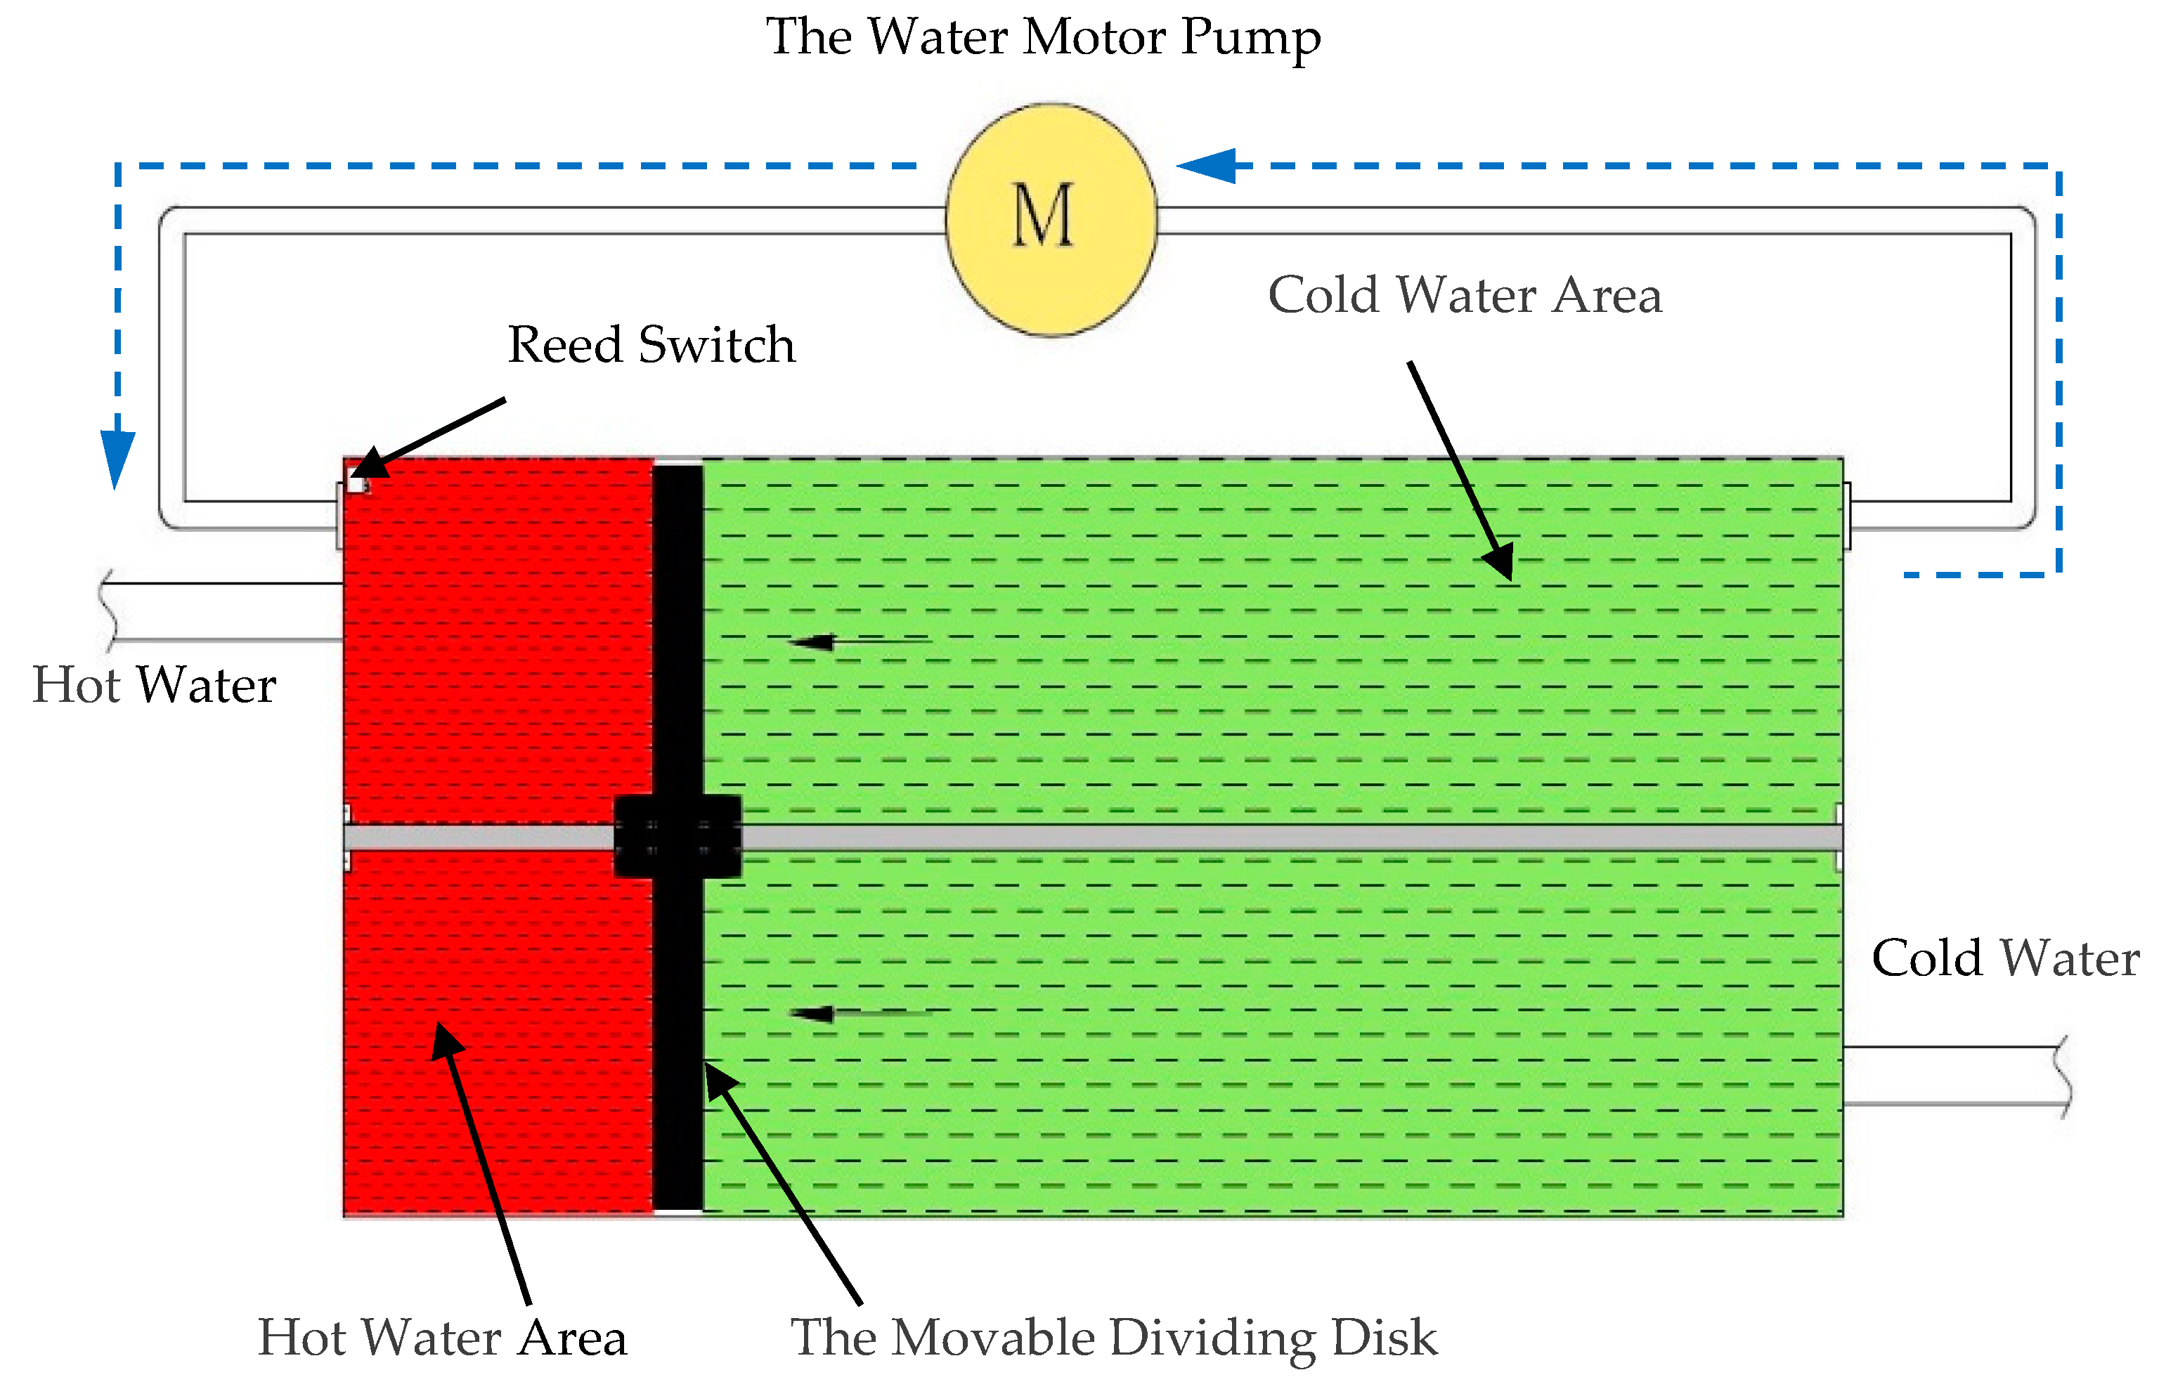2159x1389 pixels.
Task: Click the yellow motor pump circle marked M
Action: pos(1051,219)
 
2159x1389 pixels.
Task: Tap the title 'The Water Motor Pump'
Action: pos(1043,38)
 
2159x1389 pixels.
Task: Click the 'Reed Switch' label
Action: pos(651,346)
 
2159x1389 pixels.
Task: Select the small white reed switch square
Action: pos(356,484)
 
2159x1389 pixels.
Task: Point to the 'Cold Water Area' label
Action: pos(1465,296)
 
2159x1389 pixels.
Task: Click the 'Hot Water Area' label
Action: pos(442,1338)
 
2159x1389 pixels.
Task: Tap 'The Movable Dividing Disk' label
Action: pos(1113,1338)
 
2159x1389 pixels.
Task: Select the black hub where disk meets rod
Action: pos(677,836)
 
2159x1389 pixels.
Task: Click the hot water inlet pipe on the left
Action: pos(226,611)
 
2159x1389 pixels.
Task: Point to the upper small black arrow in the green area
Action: pos(857,641)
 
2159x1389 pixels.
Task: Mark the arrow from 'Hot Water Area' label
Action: pos(483,1163)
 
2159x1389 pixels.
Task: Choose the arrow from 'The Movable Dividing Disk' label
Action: pos(780,1182)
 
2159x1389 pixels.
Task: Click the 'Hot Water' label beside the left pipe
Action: pos(153,686)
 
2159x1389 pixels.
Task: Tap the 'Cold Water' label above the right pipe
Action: pos(2004,958)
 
